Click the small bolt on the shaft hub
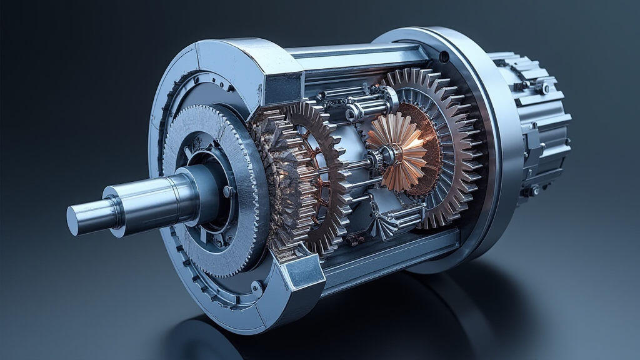(x=226, y=191)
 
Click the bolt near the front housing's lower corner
(x=256, y=287)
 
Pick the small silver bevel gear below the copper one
(x=386, y=219)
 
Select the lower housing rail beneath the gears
(x=387, y=256)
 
